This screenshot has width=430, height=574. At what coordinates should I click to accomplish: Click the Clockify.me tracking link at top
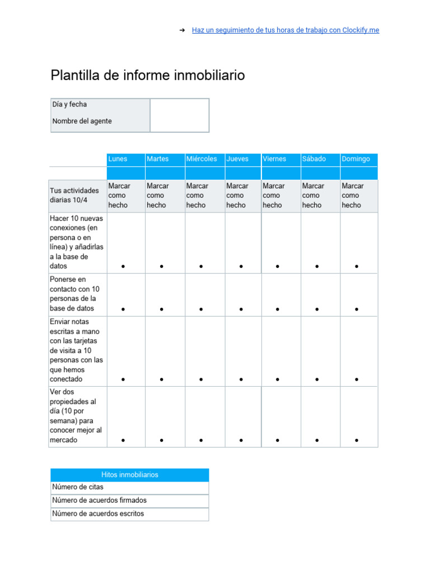pyautogui.click(x=285, y=30)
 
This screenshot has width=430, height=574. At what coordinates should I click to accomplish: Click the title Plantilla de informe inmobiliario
pyautogui.click(x=148, y=75)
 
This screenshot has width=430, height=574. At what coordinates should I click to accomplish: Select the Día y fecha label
pyautogui.click(x=69, y=104)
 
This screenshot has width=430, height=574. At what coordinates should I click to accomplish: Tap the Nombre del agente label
pyautogui.click(x=82, y=121)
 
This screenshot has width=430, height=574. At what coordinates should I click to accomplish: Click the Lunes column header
pyautogui.click(x=118, y=159)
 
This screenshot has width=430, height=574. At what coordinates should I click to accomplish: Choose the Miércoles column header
pyautogui.click(x=202, y=159)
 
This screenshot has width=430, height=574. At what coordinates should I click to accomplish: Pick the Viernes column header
pyautogui.click(x=274, y=159)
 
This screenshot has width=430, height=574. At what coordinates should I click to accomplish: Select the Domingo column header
pyautogui.click(x=356, y=159)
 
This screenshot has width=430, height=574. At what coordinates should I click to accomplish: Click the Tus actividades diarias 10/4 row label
pyautogui.click(x=74, y=196)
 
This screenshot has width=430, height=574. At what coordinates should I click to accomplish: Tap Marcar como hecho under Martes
pyautogui.click(x=157, y=196)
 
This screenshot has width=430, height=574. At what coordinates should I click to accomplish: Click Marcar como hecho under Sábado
pyautogui.click(x=312, y=196)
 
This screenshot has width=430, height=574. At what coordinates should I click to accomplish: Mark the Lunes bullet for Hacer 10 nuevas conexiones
pyautogui.click(x=123, y=267)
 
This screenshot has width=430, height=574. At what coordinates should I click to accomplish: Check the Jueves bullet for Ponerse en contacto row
pyautogui.click(x=241, y=309)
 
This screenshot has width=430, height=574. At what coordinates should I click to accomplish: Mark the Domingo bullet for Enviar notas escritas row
pyautogui.click(x=357, y=380)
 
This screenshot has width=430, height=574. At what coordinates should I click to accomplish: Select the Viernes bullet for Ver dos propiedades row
pyautogui.click(x=278, y=441)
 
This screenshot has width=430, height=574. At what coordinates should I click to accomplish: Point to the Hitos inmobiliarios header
pyautogui.click(x=129, y=475)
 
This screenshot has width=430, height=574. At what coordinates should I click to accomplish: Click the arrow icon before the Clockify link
pyautogui.click(x=182, y=30)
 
